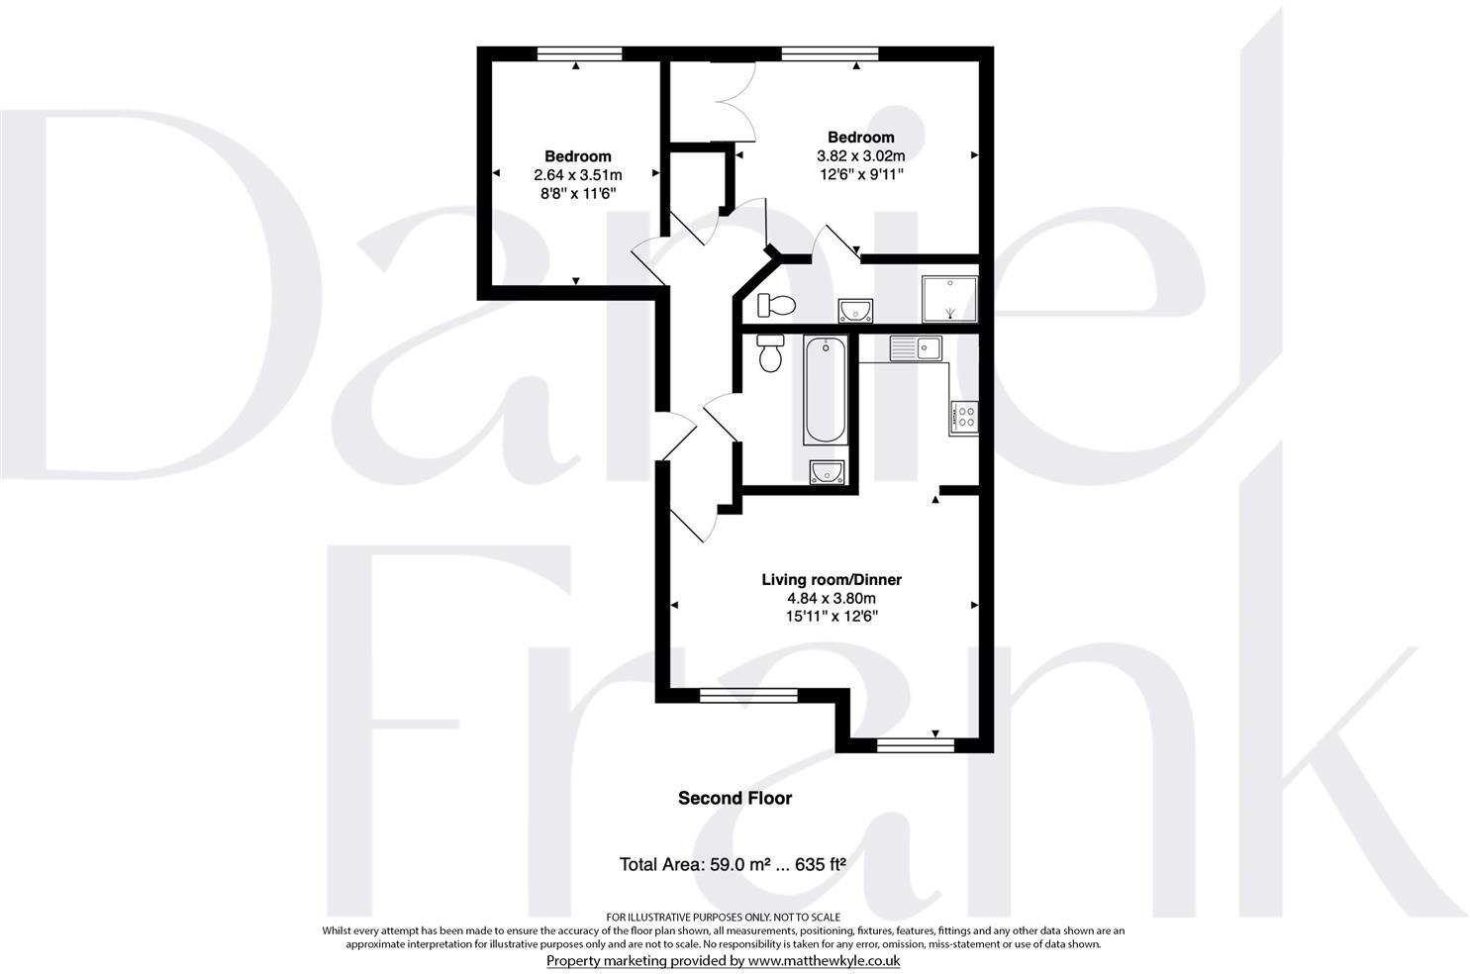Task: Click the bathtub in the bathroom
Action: tap(825, 391)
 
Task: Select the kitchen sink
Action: tap(916, 348)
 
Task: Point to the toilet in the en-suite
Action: tap(776, 305)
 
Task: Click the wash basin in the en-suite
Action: tap(854, 312)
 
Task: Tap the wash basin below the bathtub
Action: tap(826, 473)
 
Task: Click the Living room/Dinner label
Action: tap(831, 580)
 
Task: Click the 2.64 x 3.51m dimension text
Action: tap(577, 175)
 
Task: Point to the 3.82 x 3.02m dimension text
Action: tap(860, 156)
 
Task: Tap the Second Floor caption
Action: tap(735, 798)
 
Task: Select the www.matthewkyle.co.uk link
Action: tap(823, 960)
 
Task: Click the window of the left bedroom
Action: tap(579, 54)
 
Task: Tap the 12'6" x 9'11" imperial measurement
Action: tap(860, 174)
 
